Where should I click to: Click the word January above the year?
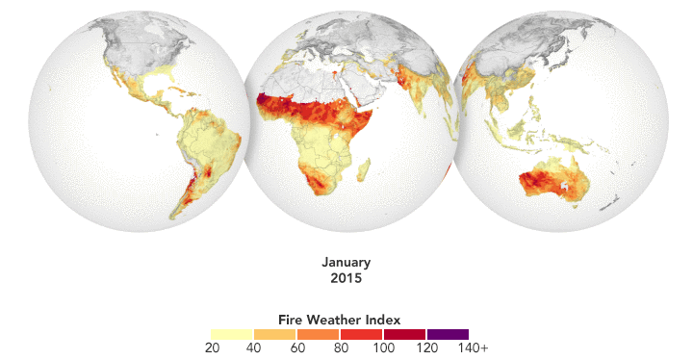click(346, 263)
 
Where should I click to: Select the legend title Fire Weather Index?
click(339, 319)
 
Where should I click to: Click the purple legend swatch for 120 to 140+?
click(448, 333)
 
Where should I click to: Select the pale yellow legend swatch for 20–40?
click(232, 333)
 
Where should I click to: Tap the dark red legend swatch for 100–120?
click(404, 333)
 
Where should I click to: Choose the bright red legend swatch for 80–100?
click(361, 333)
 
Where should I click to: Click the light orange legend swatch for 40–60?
click(275, 333)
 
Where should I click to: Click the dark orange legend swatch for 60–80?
click(318, 333)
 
